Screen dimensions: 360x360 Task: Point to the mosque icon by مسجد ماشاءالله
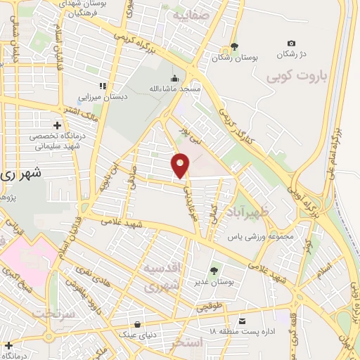click(175, 79)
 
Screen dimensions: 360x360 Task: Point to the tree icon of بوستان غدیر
click(214, 271)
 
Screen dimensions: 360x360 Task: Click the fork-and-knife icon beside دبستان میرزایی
click(103, 86)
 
